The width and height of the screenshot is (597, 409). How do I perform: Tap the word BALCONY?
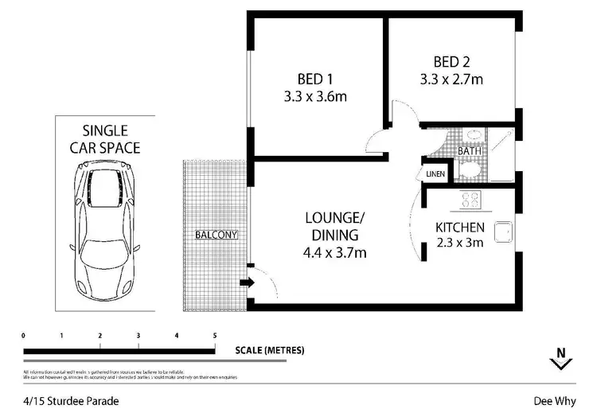coord(217,235)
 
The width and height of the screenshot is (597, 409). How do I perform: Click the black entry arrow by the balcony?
coord(246,282)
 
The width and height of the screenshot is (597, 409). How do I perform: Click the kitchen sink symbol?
coord(503,232)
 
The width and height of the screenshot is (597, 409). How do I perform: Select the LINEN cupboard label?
coord(435,173)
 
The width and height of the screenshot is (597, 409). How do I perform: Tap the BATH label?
coord(470,150)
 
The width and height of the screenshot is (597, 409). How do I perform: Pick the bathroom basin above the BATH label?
coord(470,134)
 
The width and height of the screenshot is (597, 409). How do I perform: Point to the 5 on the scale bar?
coord(215,335)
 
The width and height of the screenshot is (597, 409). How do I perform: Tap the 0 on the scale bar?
coord(24,335)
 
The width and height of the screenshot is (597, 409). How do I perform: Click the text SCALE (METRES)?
coord(270,350)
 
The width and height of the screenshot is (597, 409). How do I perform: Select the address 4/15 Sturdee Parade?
coord(70,401)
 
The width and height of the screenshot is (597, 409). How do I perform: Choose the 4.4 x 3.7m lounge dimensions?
coord(334,253)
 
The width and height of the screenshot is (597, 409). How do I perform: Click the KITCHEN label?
coord(459,228)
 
